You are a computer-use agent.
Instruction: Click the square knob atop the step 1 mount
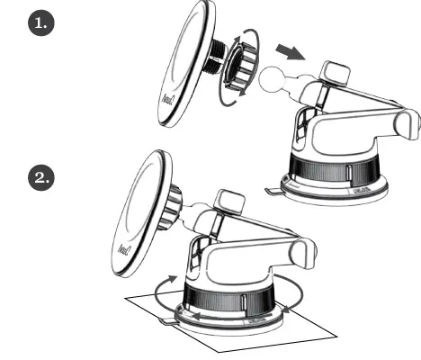point(337,73)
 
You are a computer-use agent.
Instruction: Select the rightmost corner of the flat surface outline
point(337,334)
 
